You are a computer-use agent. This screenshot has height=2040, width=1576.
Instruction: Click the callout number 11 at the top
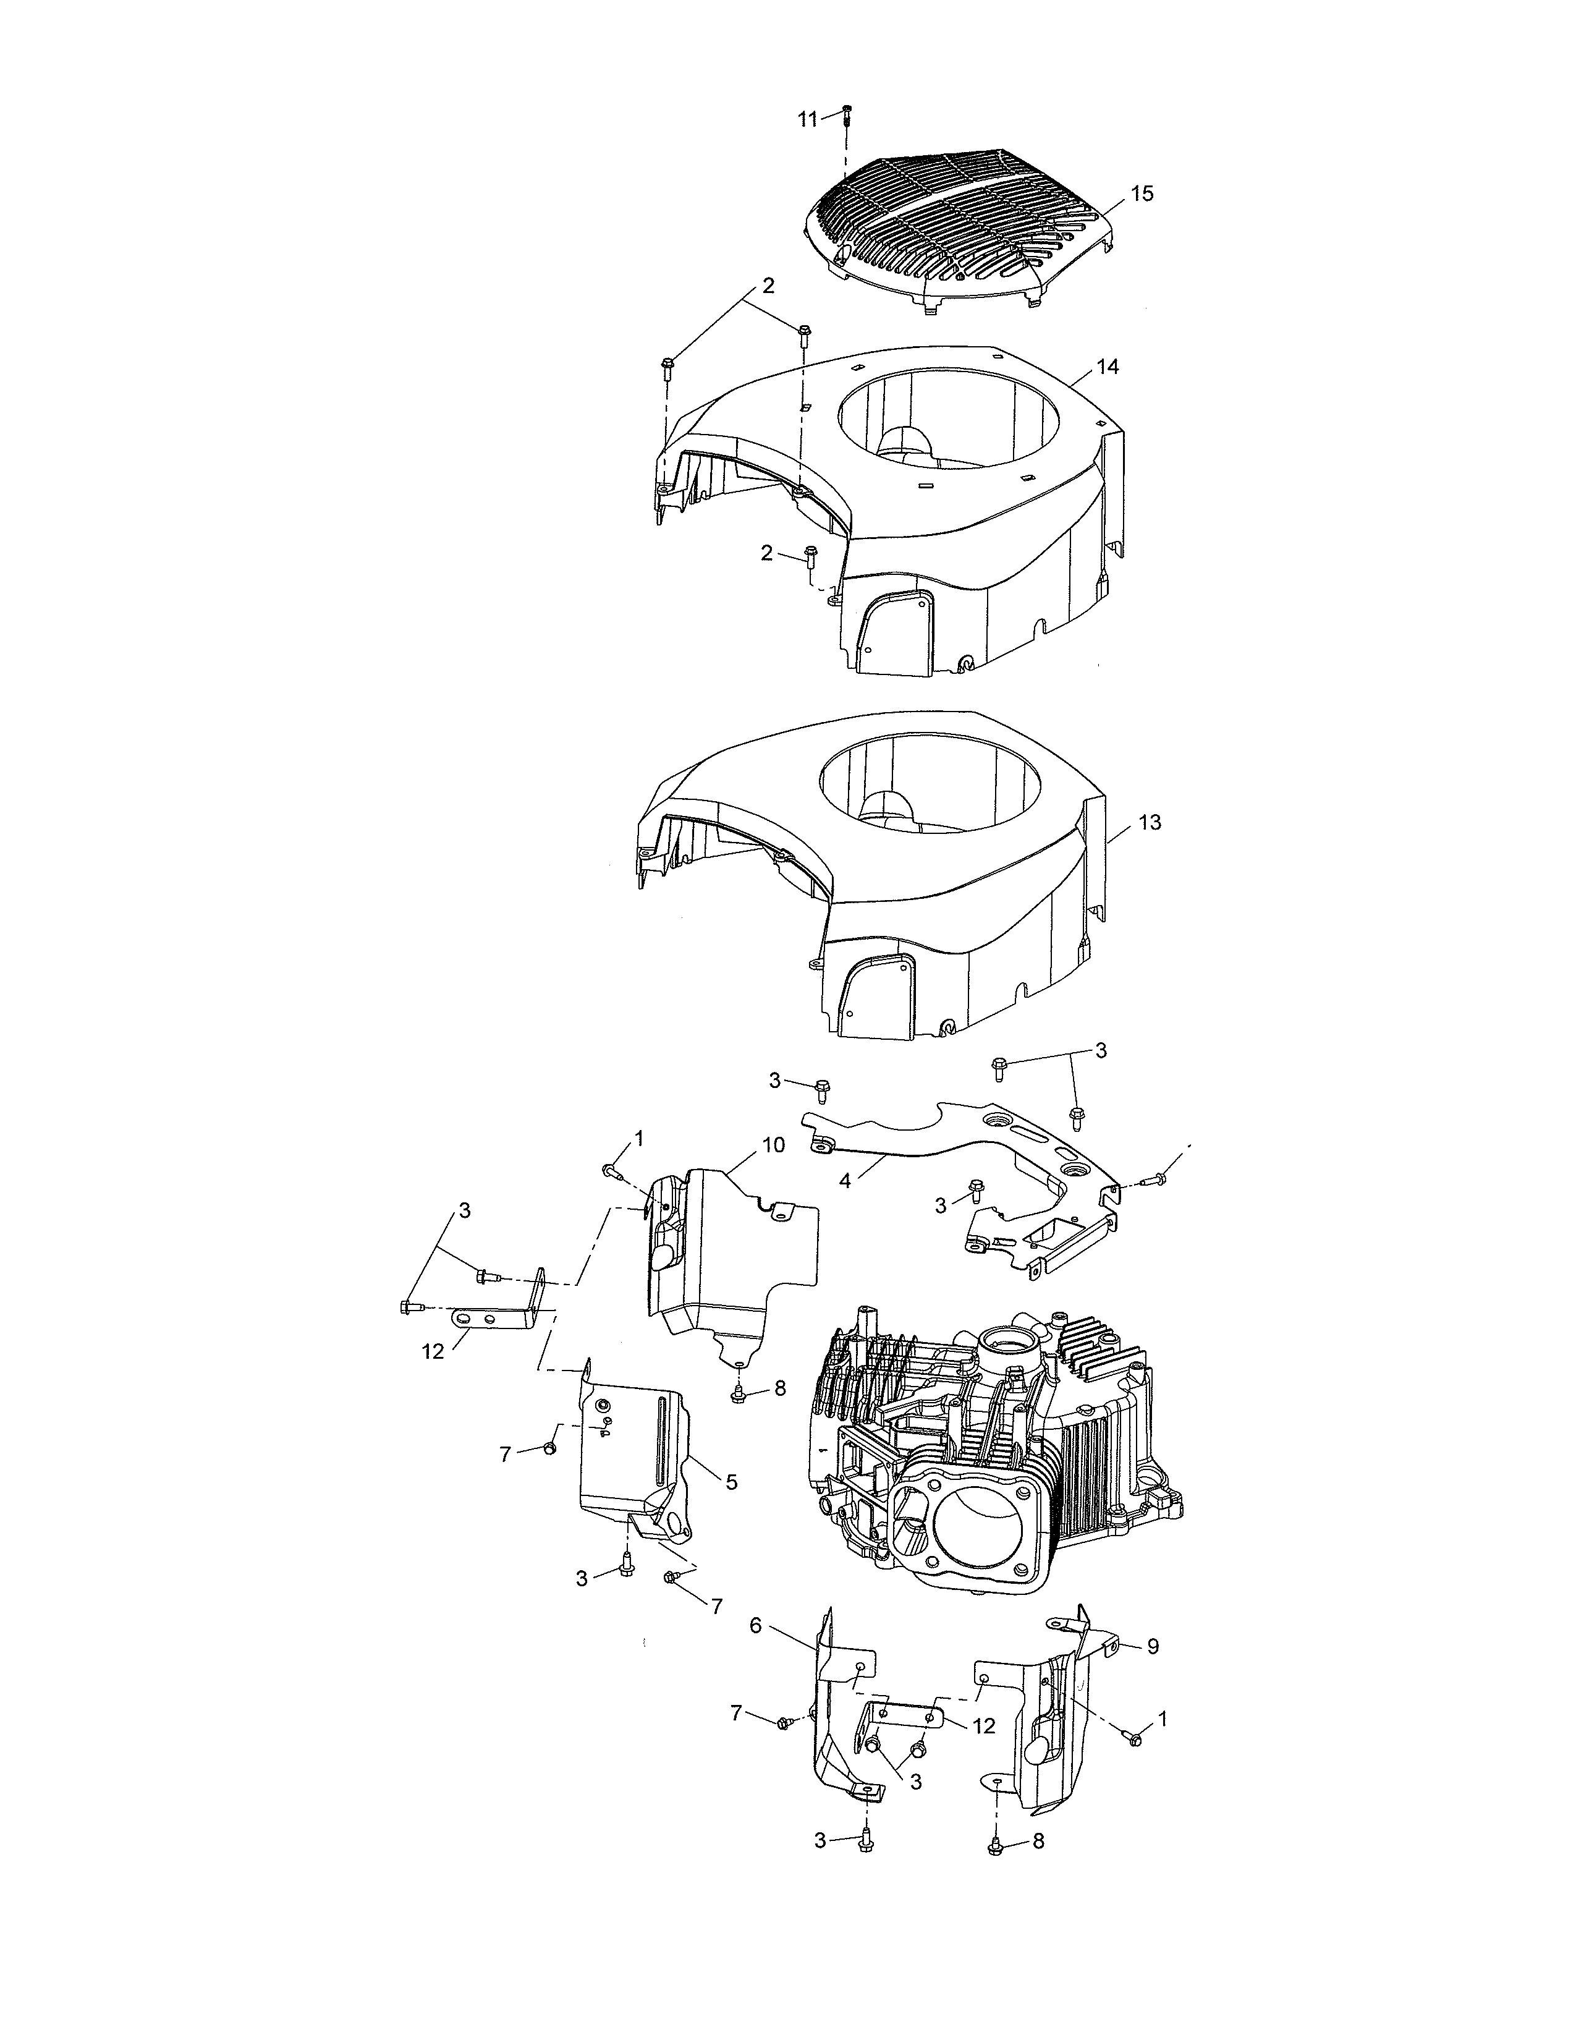[x=807, y=119]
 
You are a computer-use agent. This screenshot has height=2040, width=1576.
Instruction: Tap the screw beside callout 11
[x=846, y=115]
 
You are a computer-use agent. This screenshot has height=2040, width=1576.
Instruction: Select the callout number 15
[x=1142, y=193]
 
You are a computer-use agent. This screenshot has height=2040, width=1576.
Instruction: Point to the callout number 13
[x=1150, y=822]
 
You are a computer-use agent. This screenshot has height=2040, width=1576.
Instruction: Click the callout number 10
[x=773, y=1145]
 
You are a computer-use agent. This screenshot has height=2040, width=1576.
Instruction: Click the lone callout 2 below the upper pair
[x=766, y=553]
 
